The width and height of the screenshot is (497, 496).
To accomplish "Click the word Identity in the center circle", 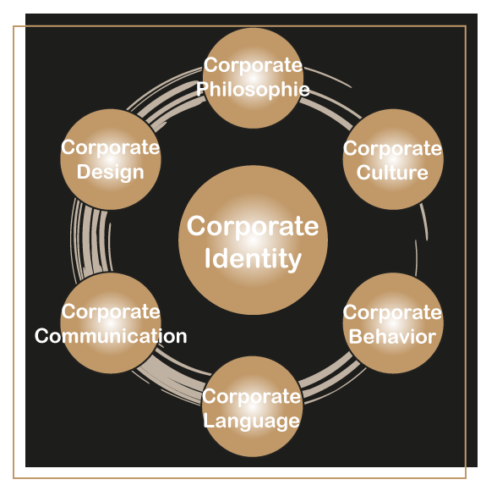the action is (x=253, y=259).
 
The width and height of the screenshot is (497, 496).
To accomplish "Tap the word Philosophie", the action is (x=253, y=89).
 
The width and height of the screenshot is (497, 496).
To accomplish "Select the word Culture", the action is (x=392, y=173).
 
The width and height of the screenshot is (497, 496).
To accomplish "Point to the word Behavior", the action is (x=392, y=336).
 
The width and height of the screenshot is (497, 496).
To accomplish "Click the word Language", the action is (x=252, y=422).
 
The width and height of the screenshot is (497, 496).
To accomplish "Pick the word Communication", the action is (x=111, y=336).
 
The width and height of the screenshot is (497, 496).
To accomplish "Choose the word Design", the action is (x=110, y=173).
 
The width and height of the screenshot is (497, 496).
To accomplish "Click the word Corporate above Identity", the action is (x=253, y=227).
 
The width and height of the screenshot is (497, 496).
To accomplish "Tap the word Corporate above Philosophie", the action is (x=253, y=66).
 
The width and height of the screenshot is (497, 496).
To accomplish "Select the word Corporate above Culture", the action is (x=392, y=149).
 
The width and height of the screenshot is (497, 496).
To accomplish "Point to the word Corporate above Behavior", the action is (x=392, y=313).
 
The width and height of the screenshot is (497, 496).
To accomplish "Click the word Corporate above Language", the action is (x=252, y=397).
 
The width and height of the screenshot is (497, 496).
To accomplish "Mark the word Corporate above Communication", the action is (x=111, y=311).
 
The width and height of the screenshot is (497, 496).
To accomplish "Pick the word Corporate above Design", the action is (x=110, y=148).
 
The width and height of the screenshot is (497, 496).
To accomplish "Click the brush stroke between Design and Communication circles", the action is (x=90, y=241).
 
